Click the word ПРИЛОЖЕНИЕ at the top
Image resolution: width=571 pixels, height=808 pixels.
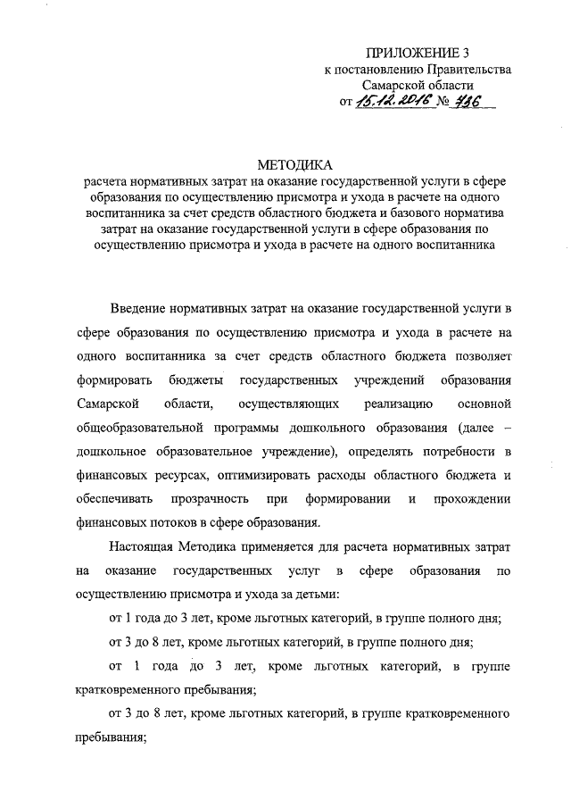coord(408,52)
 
